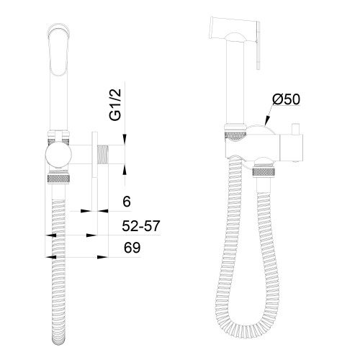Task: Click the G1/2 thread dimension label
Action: (115, 104)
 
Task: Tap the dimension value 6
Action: (127, 202)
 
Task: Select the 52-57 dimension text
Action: (141, 226)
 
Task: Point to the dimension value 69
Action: (132, 248)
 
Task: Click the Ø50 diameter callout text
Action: (286, 99)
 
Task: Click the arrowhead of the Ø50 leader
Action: (267, 121)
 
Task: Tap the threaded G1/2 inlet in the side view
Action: (102, 155)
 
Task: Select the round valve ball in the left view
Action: (58, 155)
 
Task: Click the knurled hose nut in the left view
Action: (59, 179)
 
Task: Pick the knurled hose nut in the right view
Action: (264, 173)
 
